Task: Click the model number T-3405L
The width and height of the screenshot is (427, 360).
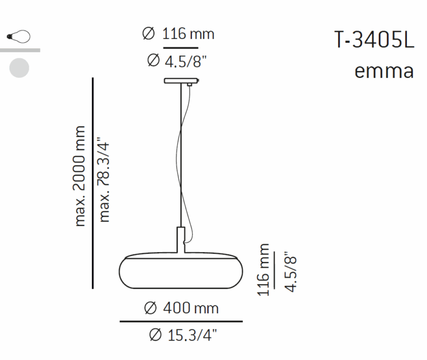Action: tap(374, 40)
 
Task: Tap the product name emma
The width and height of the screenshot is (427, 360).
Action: tap(384, 71)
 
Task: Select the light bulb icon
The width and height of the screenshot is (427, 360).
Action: tap(18, 37)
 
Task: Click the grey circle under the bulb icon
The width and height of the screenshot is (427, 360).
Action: tap(19, 68)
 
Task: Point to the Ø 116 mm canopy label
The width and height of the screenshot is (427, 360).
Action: tap(178, 34)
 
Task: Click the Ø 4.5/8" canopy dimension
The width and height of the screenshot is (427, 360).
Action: tap(177, 61)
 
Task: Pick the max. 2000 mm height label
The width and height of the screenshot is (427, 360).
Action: tap(80, 176)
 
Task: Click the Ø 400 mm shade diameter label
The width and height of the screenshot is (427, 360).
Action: tap(181, 308)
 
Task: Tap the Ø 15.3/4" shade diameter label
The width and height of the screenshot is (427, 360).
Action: tap(183, 335)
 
